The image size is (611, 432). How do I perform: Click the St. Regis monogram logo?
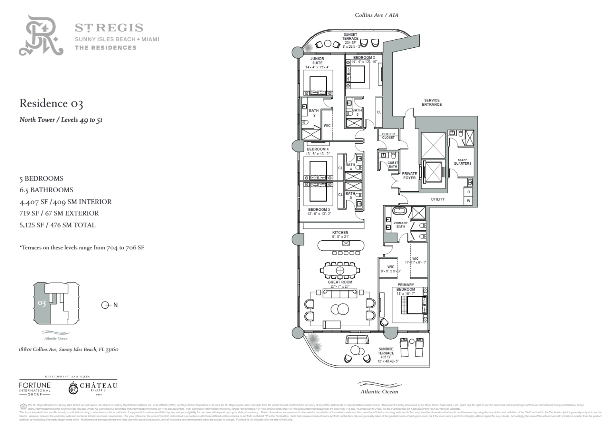tap(41, 36)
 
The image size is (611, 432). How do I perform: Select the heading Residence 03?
tap(51, 103)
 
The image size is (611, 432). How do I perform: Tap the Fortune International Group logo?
tap(35, 388)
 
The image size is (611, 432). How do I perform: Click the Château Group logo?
tap(93, 388)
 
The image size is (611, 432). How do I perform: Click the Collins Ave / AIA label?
tap(376, 15)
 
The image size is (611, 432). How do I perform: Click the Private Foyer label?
tap(409, 175)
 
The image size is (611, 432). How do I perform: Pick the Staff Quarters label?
tap(462, 162)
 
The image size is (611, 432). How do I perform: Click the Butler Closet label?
tap(388, 136)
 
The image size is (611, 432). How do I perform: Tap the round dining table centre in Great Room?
tap(340, 270)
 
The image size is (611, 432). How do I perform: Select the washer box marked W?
tap(469, 201)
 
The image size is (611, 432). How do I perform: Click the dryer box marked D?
tap(469, 192)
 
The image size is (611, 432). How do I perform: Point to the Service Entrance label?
tap(432, 103)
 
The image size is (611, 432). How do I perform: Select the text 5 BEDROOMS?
tap(41, 179)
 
